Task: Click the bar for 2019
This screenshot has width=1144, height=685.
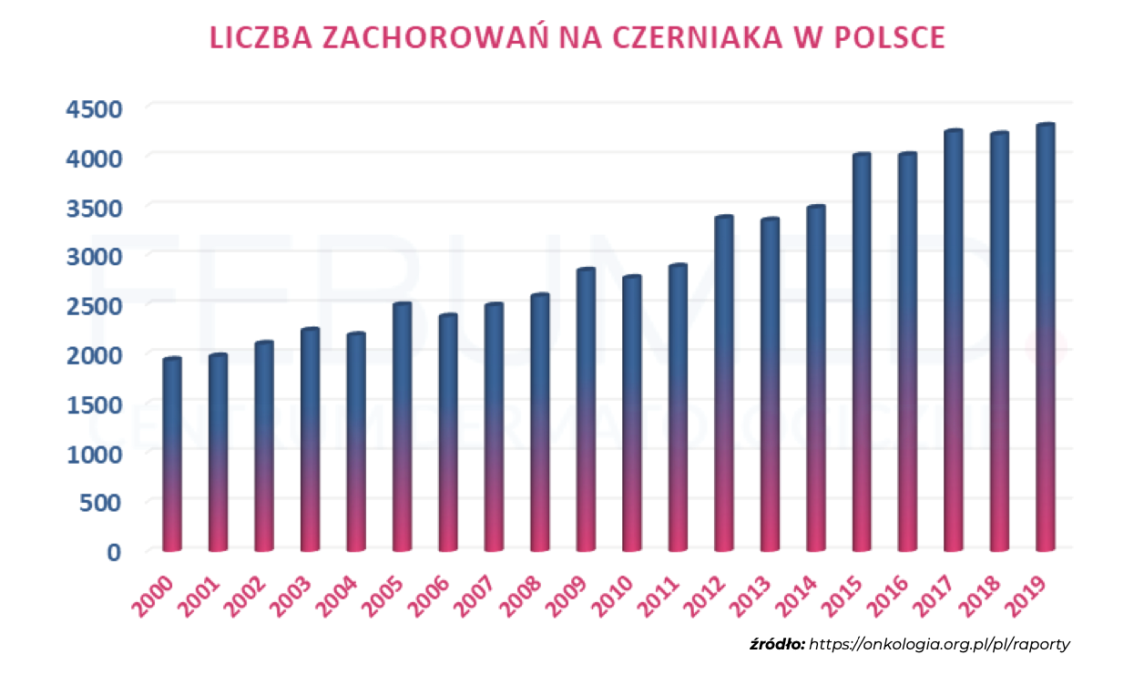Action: tap(1046, 337)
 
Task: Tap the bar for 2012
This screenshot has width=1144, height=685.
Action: tap(724, 383)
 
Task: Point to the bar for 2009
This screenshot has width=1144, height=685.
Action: tap(586, 409)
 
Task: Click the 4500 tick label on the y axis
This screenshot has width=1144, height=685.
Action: tap(94, 108)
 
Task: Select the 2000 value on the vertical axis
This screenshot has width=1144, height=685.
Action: tap(94, 354)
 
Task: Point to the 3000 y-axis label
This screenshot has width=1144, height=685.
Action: tap(94, 256)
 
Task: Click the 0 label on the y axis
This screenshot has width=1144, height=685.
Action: tap(113, 551)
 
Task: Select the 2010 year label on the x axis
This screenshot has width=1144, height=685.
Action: tap(626, 591)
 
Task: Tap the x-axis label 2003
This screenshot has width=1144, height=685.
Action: tap(303, 591)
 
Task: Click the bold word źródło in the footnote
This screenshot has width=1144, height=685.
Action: tap(776, 644)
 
